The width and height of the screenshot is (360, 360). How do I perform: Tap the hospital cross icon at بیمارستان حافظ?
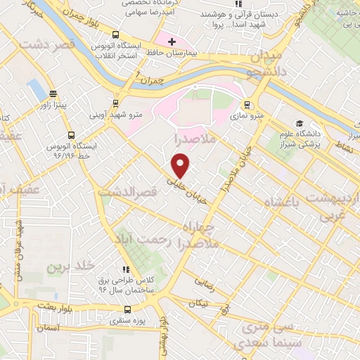coord(171,43)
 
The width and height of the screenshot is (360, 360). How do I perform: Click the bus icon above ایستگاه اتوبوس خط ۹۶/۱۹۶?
coord(70,135)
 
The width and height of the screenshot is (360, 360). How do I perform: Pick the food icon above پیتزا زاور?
coord(53,94)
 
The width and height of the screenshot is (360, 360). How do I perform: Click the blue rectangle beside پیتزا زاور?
coord(34,89)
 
